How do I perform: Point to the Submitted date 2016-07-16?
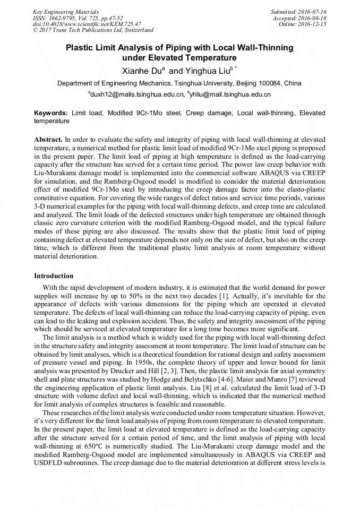click(299, 12)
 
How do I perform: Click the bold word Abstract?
click(48, 139)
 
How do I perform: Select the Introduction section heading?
click(54, 276)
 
